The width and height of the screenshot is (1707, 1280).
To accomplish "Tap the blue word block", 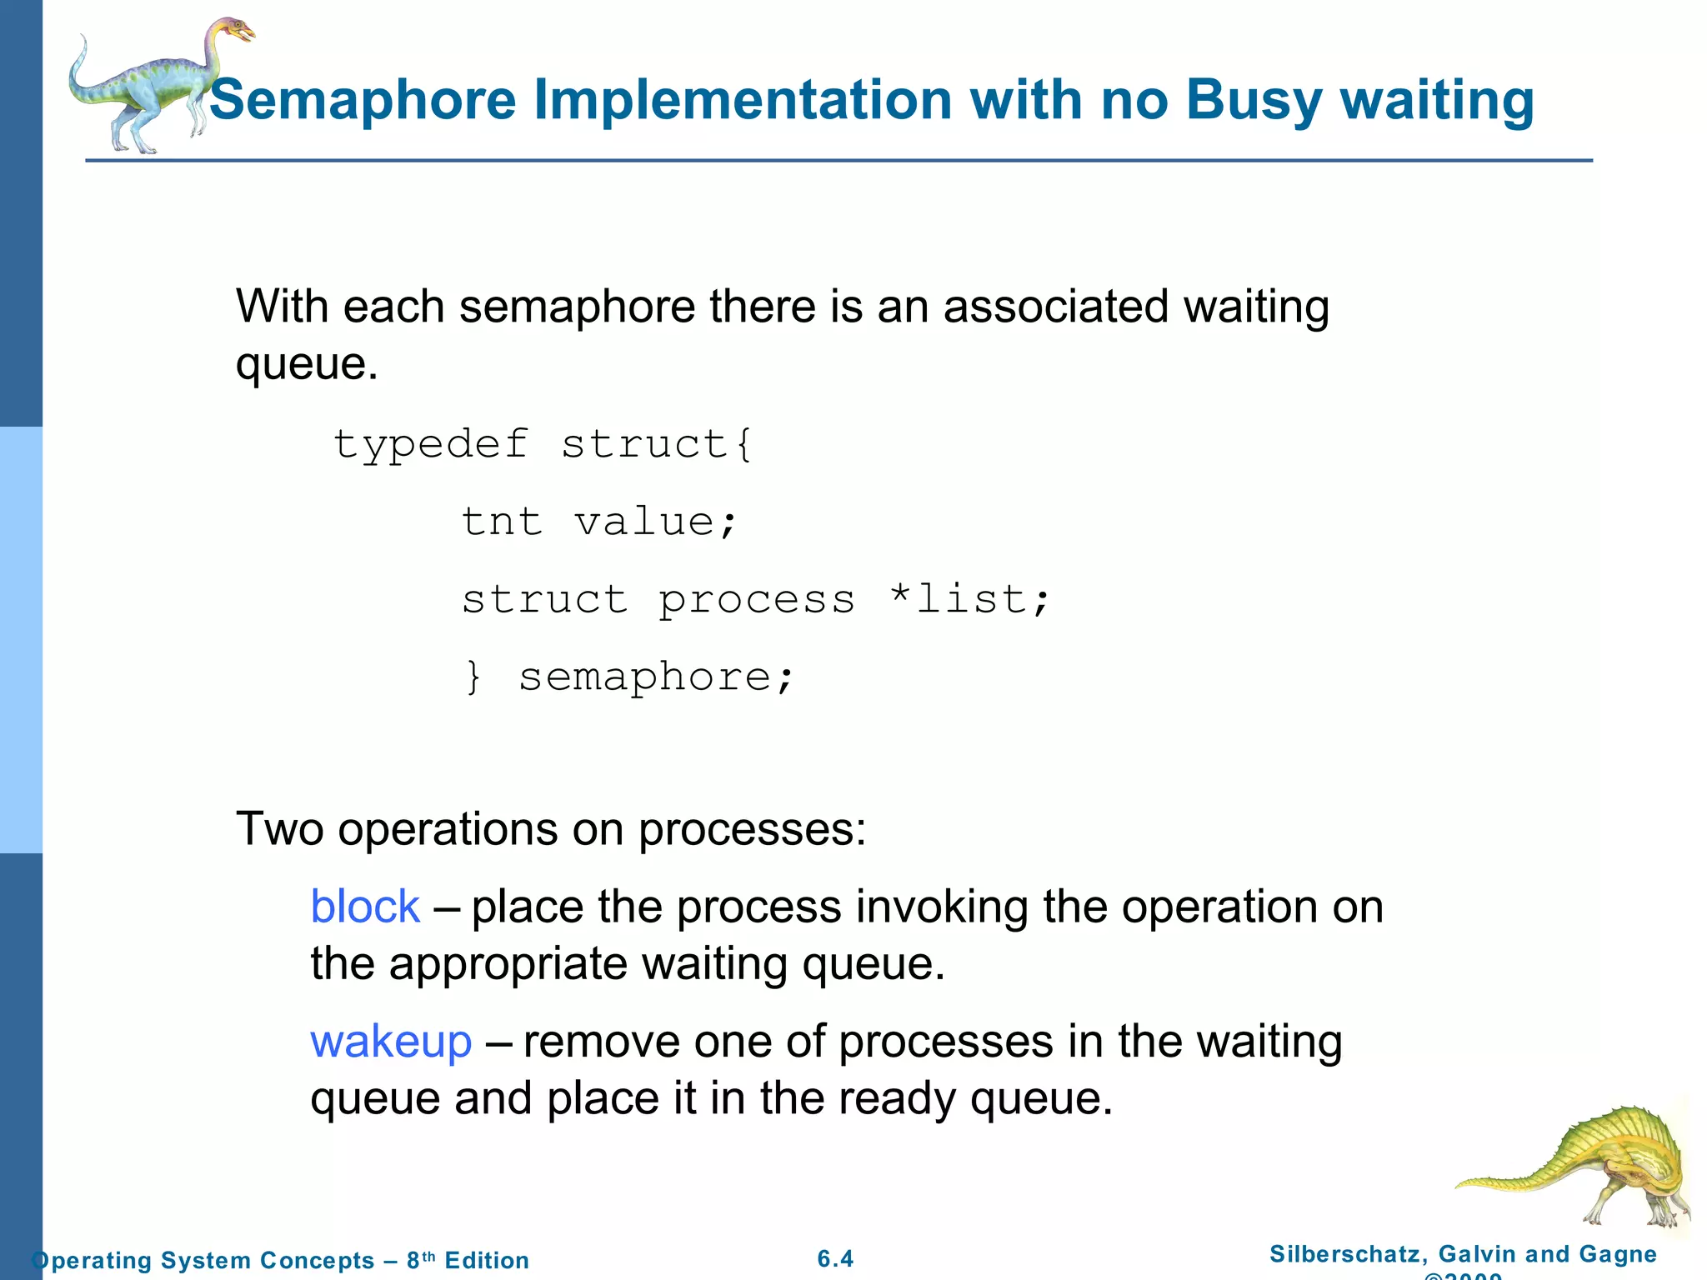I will tap(364, 907).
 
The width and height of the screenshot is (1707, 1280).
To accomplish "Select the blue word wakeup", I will tap(391, 1042).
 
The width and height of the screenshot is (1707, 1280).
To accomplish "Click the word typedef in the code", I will tap(431, 444).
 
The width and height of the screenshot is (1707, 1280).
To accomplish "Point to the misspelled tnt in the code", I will tap(502, 522).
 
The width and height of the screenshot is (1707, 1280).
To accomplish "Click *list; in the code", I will tap(969, 599).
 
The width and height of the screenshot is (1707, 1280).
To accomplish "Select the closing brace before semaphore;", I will tap(473, 677).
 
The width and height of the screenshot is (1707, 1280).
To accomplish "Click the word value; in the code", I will tap(656, 522).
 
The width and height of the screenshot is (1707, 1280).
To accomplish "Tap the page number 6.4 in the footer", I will tap(835, 1258).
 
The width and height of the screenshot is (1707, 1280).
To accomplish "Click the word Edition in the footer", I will tap(487, 1260).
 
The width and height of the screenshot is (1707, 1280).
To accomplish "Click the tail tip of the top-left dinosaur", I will tap(83, 40).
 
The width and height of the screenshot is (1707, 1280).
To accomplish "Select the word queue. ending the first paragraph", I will tap(306, 364).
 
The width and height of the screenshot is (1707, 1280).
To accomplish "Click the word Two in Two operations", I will tap(280, 829).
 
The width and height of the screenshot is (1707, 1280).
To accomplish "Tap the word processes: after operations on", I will tap(752, 829).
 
